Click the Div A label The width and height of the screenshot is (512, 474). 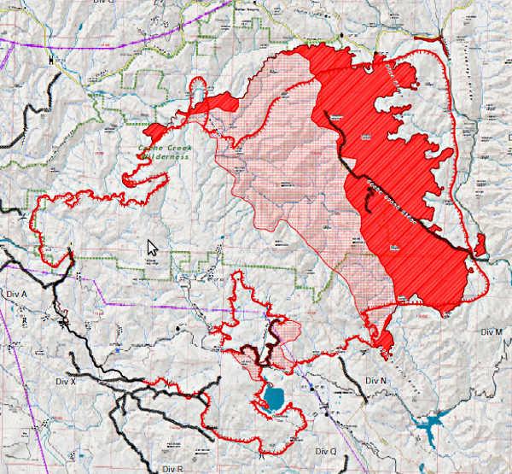tap(18, 293)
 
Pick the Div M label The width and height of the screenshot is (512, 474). tap(492, 331)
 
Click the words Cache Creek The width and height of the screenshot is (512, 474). tap(163, 148)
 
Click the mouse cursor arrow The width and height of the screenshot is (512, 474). tap(153, 248)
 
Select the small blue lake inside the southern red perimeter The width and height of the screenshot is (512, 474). tap(275, 397)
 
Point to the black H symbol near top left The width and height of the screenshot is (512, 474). tap(51, 60)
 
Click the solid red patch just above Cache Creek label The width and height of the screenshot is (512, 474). tap(156, 132)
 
